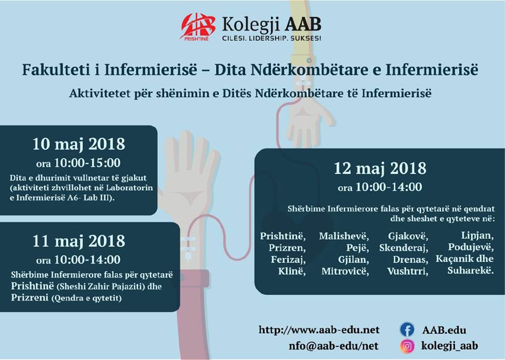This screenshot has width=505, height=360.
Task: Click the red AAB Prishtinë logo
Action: (198, 27)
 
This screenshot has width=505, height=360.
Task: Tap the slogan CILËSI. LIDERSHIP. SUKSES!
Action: (271, 38)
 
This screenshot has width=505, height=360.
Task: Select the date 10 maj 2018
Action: (78, 144)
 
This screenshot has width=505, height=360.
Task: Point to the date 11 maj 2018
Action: (78, 241)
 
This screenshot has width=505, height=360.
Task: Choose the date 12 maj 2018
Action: (380, 168)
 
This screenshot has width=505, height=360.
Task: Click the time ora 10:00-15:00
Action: (78, 163)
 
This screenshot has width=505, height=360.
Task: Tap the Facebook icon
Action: (407, 330)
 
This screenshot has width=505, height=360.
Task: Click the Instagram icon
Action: (407, 346)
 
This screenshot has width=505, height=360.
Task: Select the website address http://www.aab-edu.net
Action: (319, 330)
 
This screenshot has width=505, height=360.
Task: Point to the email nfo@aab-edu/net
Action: (334, 346)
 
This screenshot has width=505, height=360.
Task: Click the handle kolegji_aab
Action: (449, 346)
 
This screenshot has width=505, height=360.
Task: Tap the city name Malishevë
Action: (344, 236)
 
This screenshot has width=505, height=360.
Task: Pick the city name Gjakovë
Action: (408, 236)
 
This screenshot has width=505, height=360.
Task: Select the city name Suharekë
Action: (470, 270)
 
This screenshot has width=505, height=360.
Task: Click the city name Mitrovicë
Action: (345, 271)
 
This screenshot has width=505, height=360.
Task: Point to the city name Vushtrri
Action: (408, 271)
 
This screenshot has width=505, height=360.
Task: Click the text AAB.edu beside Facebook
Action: (444, 330)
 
